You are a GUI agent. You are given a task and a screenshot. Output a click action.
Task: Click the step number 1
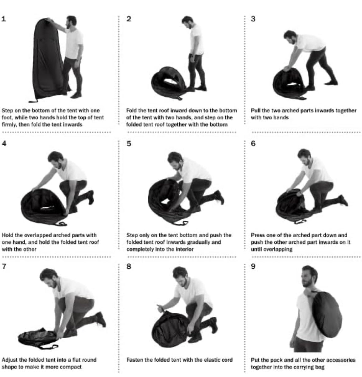coord(4,19)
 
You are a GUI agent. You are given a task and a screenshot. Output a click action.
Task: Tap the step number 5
coord(129,143)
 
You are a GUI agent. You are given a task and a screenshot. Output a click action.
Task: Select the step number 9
coord(253,267)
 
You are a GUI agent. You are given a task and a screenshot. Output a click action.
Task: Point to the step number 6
coord(253,143)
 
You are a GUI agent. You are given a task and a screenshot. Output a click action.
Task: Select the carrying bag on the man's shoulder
coord(327,315)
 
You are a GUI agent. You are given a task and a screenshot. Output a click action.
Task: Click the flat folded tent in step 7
coord(38,338)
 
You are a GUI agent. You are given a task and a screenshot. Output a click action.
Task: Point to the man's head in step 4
coord(56,159)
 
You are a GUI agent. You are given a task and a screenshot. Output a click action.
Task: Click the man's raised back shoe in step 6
coord(344,201)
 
